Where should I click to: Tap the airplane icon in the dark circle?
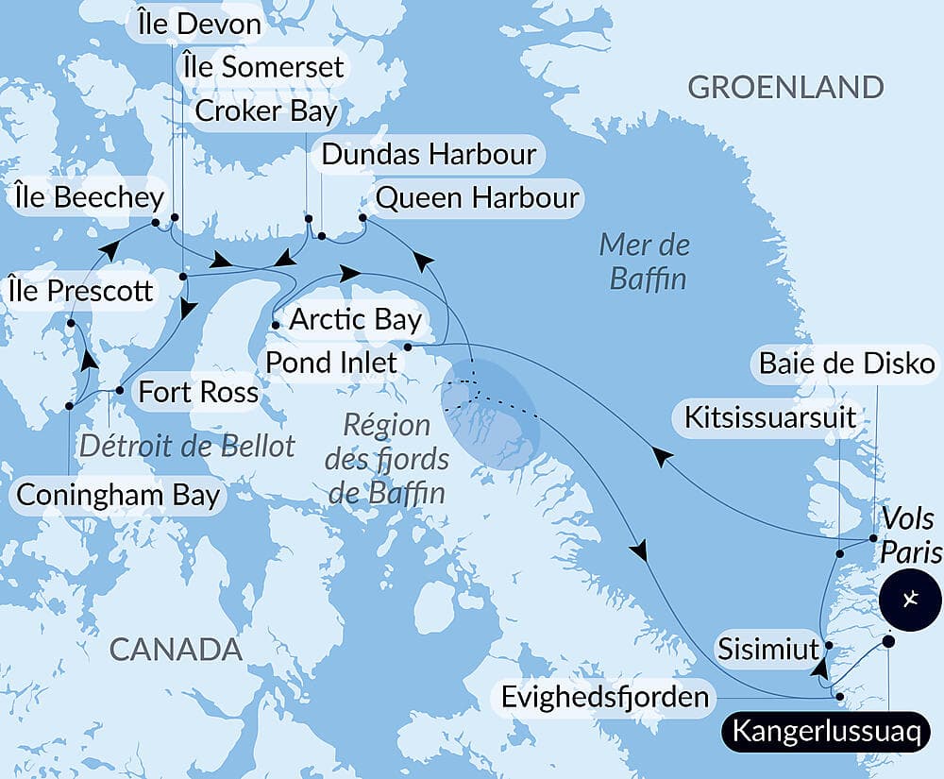[x=910, y=600]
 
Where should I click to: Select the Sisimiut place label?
[x=764, y=650]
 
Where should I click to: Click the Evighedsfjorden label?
[x=605, y=698]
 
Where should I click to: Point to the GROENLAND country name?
[x=785, y=88]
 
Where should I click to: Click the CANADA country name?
[x=176, y=649]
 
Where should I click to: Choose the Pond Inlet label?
[x=331, y=362]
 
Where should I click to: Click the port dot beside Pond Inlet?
[x=407, y=347]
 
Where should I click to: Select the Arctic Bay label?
[x=355, y=319]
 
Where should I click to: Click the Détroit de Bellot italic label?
[x=187, y=445]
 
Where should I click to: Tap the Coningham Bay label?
[x=118, y=495]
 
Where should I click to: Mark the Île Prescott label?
[x=79, y=291]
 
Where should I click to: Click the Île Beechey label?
[x=90, y=198]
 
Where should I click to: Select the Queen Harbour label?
[x=477, y=198]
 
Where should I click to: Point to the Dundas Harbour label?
[x=429, y=154]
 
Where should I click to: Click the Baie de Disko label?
[x=846, y=364]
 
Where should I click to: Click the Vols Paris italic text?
[x=910, y=534]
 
